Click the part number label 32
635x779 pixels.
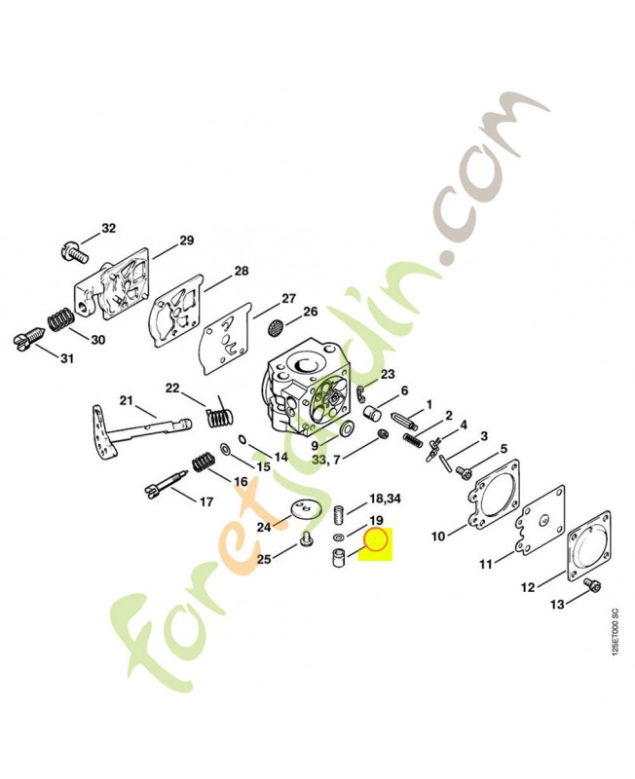coord(108,228)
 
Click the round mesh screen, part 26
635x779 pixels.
coord(276,327)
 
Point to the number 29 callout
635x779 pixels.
coord(186,241)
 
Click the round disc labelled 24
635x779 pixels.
coord(305,510)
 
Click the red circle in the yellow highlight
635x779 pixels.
coord(377,541)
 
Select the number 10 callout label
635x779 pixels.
coord(438,537)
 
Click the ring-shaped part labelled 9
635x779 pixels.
coord(346,427)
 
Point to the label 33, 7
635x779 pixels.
coord(326,460)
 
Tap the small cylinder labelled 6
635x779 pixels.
coord(372,412)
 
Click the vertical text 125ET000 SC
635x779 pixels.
coord(616,633)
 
